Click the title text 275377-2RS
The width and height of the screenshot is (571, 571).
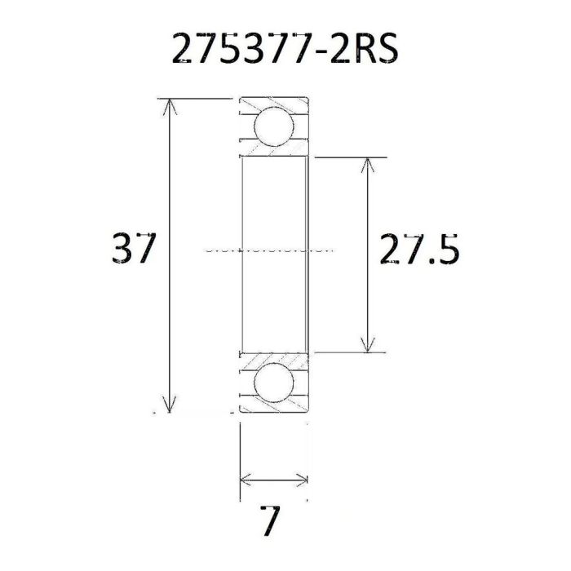285,49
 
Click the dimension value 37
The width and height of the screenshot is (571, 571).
131,248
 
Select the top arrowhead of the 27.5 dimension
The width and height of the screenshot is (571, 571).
369,164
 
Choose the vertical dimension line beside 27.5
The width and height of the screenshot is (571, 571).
369,204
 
